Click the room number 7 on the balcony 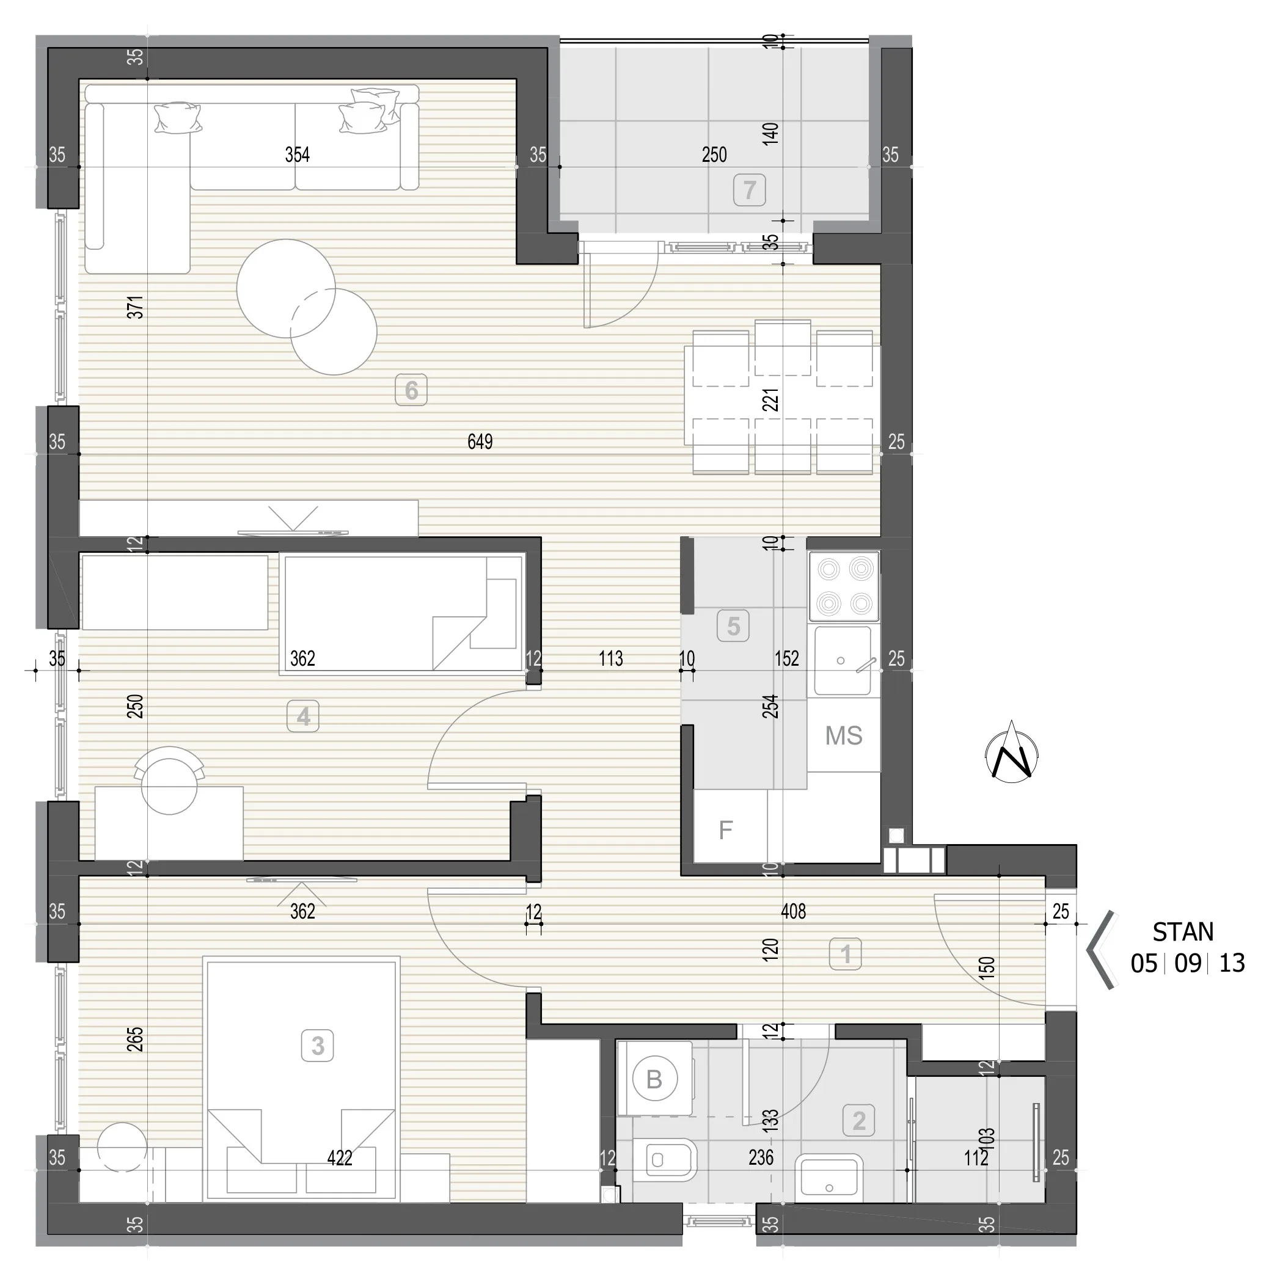tap(749, 191)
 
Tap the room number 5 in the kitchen tap(733, 626)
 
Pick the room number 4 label tap(303, 716)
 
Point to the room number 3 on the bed tap(318, 1046)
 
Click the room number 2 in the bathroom tap(859, 1121)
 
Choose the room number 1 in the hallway tap(846, 954)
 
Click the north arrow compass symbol tap(1012, 752)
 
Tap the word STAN tap(1183, 932)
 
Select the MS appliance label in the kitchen tap(844, 735)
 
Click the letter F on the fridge tap(725, 829)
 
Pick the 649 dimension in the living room tap(480, 441)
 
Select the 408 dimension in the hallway tap(793, 911)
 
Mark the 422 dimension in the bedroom tap(339, 1158)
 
